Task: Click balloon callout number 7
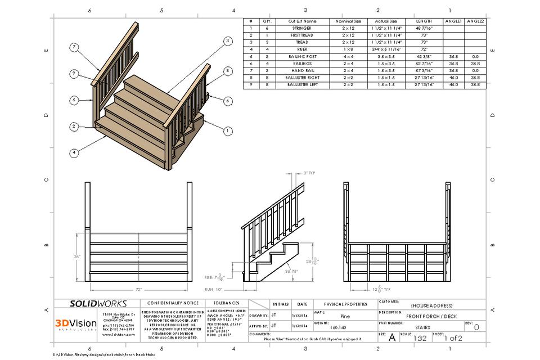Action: click(74, 47)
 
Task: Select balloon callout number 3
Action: click(227, 40)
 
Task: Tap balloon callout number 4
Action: click(74, 152)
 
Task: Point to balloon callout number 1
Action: click(227, 130)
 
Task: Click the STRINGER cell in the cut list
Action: click(301, 28)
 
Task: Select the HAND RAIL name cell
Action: click(301, 70)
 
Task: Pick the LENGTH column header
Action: click(424, 21)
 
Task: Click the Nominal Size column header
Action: click(348, 21)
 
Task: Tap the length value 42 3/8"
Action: click(424, 56)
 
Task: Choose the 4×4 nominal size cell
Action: click(348, 56)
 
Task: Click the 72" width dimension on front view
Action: click(138, 289)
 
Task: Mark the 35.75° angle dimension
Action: click(291, 271)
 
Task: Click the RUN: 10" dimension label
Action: click(212, 289)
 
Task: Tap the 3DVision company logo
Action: click(75, 323)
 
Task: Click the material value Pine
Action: click(344, 316)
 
